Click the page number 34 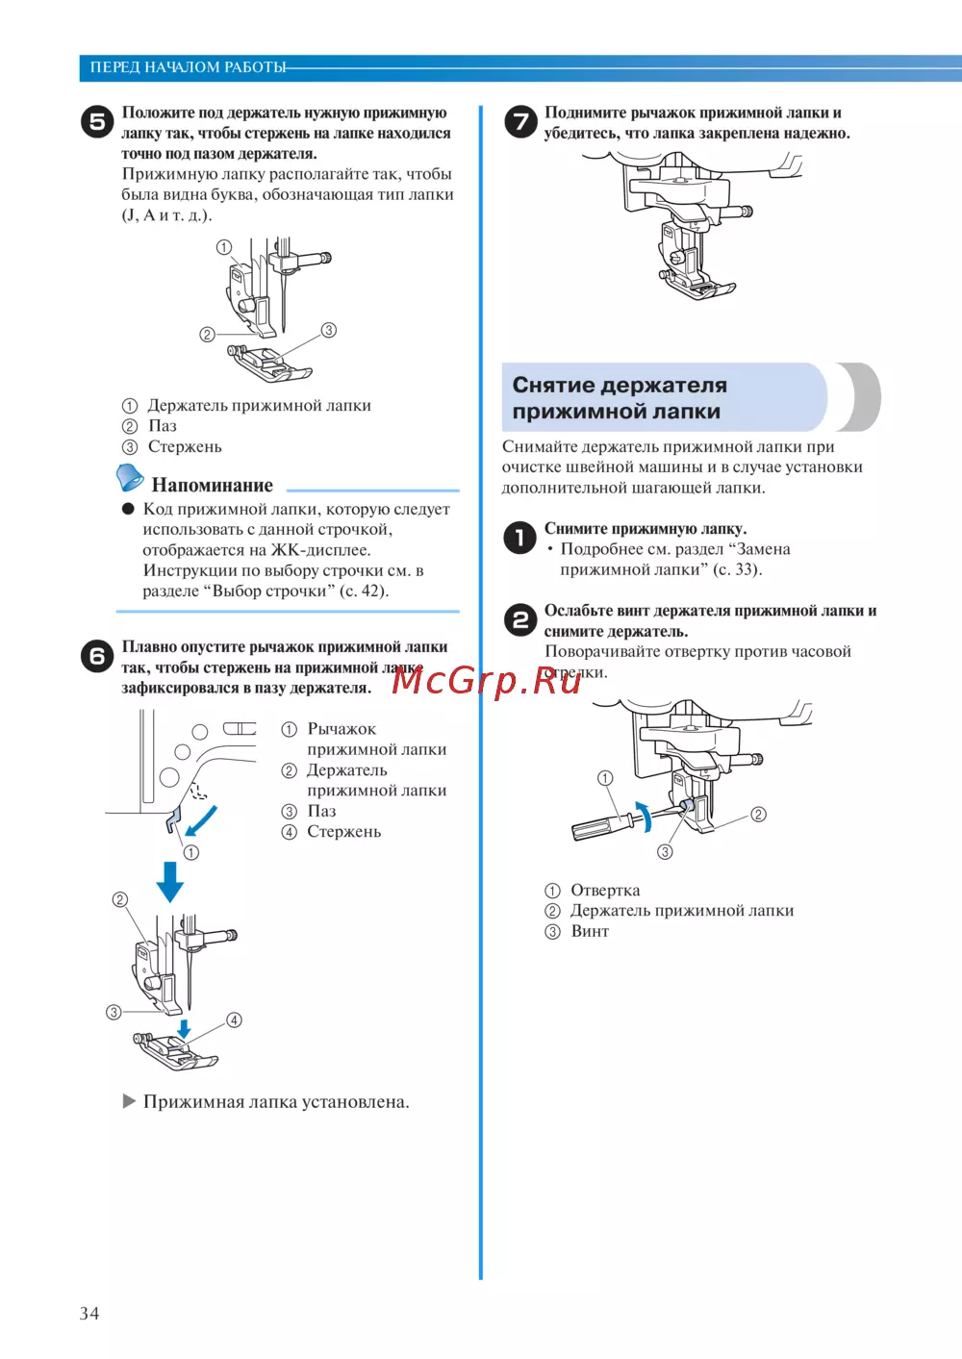coord(89,1313)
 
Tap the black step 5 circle coord(96,122)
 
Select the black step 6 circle coord(96,656)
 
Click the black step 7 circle coord(520,122)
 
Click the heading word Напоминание coord(212,485)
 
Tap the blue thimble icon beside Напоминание coord(129,477)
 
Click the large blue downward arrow coord(170,880)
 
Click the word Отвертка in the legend coord(605,891)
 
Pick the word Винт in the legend coord(590,931)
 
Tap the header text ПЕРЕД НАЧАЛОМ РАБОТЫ coord(188,67)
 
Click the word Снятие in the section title coord(553,386)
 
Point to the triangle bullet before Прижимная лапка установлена coord(129,1101)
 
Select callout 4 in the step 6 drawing coord(234,1019)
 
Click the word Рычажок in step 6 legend coord(342,729)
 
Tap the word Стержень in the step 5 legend coord(185,446)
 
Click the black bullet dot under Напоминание coord(128,509)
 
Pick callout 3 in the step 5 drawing coord(328,330)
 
